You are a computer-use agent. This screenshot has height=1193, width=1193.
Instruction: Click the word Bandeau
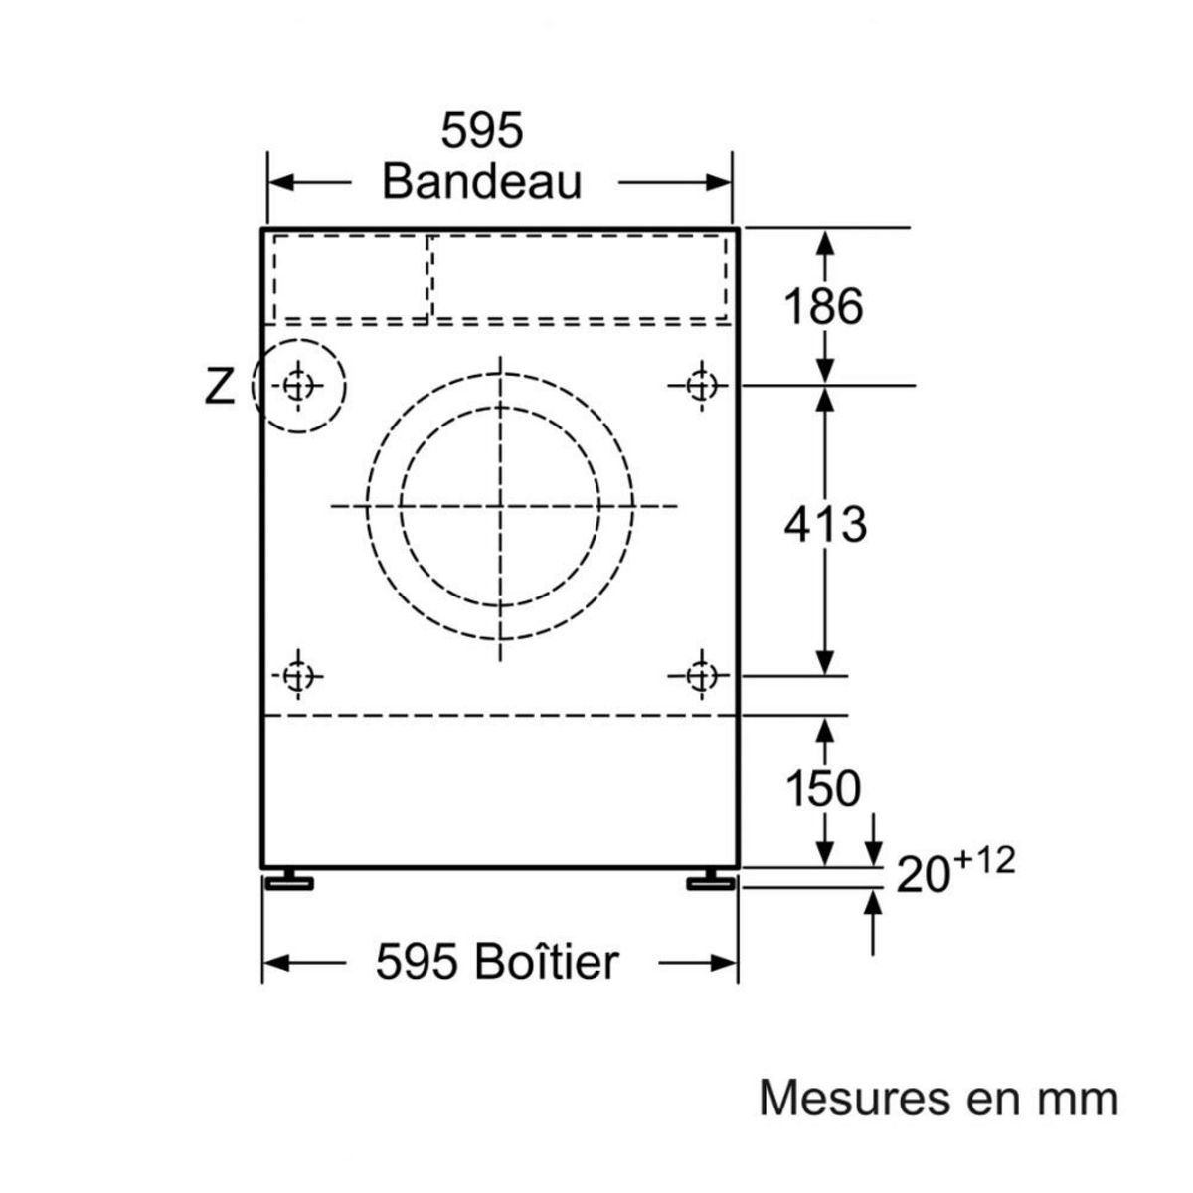click(482, 181)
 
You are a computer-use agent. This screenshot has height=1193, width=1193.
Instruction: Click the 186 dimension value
click(823, 306)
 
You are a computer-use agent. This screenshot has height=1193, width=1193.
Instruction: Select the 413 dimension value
click(824, 524)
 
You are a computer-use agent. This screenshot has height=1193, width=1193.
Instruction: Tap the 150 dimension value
click(823, 788)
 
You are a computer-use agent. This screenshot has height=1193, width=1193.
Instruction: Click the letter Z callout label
click(219, 386)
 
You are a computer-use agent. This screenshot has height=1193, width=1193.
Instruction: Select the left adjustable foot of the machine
click(289, 881)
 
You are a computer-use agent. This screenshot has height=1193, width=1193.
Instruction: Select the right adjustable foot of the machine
click(711, 881)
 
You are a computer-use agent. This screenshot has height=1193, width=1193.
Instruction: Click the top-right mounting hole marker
click(701, 386)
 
